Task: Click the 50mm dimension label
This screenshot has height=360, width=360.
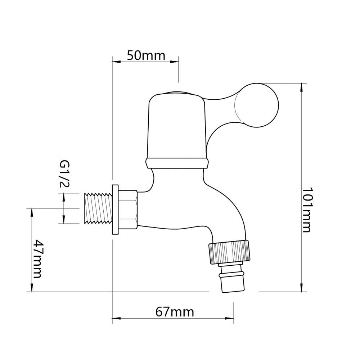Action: [146, 55]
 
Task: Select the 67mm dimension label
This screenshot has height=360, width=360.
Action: [175, 312]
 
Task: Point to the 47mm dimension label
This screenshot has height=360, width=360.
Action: [37, 259]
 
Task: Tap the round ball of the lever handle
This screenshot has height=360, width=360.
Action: [256, 105]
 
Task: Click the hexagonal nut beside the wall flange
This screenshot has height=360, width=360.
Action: [128, 210]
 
